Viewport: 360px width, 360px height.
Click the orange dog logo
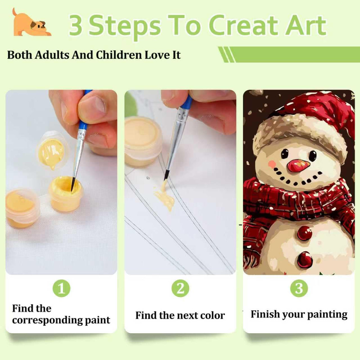pyautogui.click(x=31, y=24)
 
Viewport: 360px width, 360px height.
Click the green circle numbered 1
pyautogui.click(x=61, y=288)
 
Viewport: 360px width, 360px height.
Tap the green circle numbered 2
pyautogui.click(x=180, y=288)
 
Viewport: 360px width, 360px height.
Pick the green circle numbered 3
pyautogui.click(x=299, y=288)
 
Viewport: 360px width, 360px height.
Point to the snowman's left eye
pyautogui.click(x=285, y=153)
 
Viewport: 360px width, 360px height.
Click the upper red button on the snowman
pyautogui.click(x=305, y=233)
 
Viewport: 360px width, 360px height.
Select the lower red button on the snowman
pyautogui.click(x=305, y=260)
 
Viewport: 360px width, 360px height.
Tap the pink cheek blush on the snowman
pyautogui.click(x=272, y=164)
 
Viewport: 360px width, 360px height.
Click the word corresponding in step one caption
pyautogui.click(x=47, y=321)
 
